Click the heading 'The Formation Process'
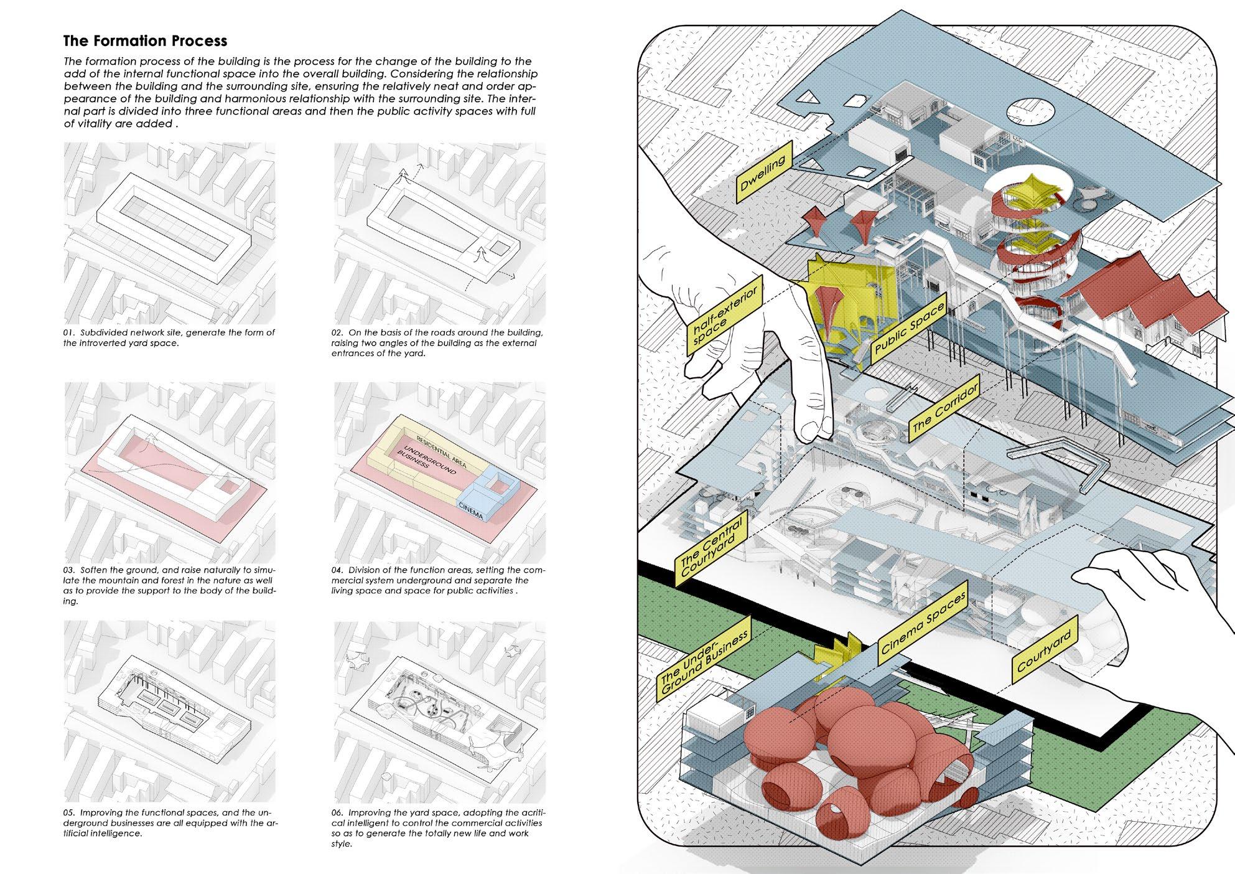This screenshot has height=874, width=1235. [145, 41]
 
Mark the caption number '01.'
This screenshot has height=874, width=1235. [69, 332]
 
